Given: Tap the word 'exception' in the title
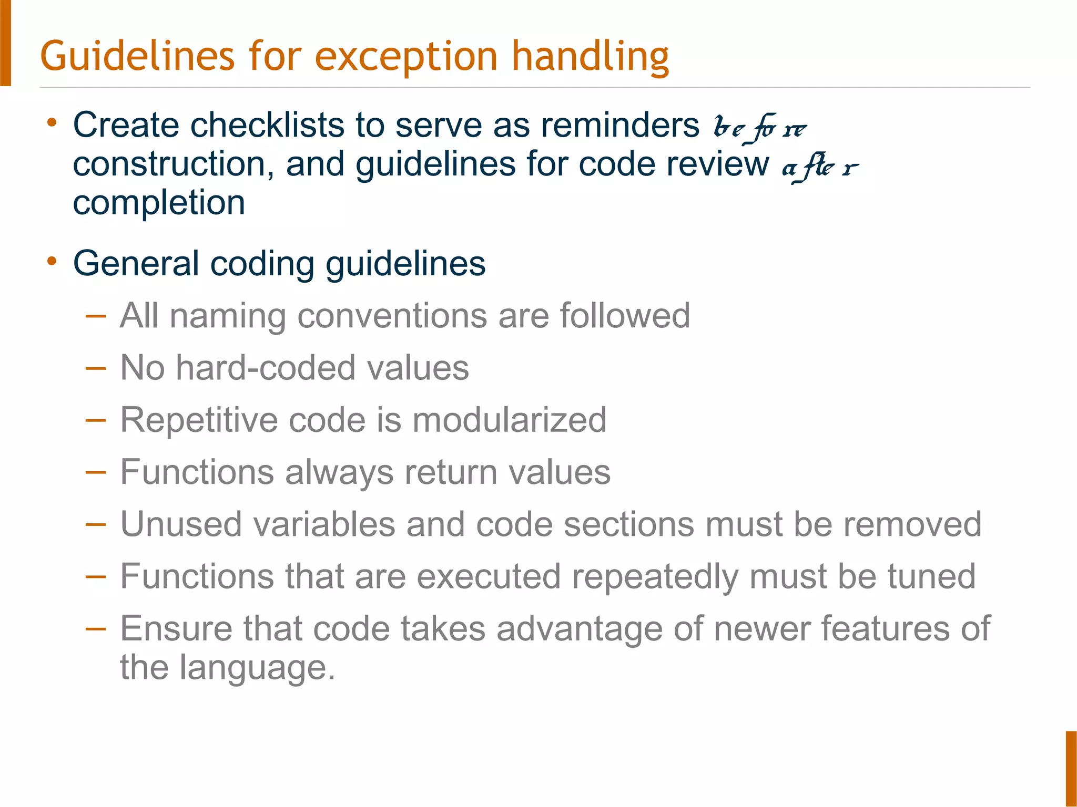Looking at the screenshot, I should click(x=406, y=57).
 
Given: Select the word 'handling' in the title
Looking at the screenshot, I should click(x=590, y=57).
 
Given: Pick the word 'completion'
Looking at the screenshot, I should click(x=159, y=203).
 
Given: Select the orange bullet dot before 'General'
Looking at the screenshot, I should click(x=52, y=261).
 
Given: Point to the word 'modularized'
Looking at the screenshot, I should click(x=509, y=420).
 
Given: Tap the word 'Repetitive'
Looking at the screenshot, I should click(x=199, y=420).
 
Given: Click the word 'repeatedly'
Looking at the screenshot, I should click(x=655, y=576).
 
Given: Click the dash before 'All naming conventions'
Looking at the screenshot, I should click(x=95, y=316).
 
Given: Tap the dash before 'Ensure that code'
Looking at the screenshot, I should click(x=95, y=628).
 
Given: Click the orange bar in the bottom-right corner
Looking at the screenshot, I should click(x=1071, y=768).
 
